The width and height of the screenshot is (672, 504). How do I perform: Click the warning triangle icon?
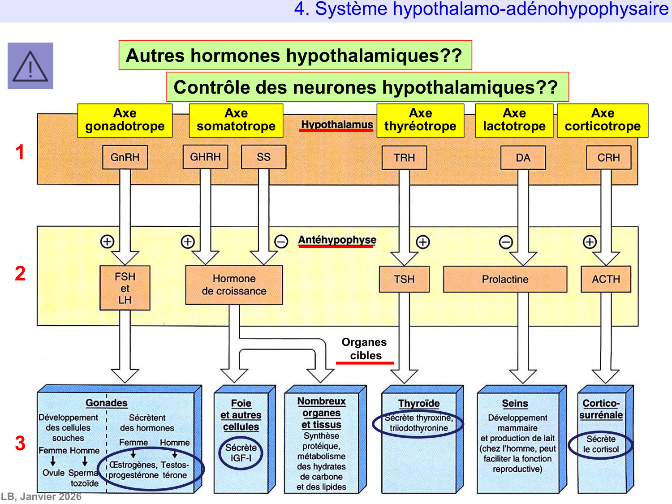click(x=30, y=66)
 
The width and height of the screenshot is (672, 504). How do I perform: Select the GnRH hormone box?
click(x=125, y=157)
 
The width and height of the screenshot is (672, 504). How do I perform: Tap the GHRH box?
click(x=205, y=157)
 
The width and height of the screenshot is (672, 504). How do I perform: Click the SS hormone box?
click(x=263, y=157)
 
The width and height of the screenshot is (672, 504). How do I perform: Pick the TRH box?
click(x=404, y=158)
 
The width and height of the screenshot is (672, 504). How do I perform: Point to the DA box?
click(x=523, y=158)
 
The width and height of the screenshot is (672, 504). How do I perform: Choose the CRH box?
click(x=608, y=158)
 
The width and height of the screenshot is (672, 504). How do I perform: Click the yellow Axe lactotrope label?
click(x=514, y=120)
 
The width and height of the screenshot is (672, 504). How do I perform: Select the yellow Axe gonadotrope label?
click(x=125, y=120)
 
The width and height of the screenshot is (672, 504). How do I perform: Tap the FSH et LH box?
click(x=125, y=288)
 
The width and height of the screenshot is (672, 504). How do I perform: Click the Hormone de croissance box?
click(x=234, y=285)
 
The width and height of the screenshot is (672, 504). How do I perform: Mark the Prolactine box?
click(x=505, y=279)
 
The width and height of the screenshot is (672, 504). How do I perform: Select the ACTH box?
click(x=606, y=279)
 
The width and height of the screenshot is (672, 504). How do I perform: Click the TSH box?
click(x=404, y=279)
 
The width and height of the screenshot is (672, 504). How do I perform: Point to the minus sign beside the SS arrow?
click(x=281, y=242)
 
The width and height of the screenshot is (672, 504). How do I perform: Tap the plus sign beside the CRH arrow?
click(x=590, y=242)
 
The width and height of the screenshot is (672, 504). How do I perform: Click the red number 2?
click(x=20, y=274)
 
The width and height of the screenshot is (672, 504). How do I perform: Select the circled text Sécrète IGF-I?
click(x=241, y=453)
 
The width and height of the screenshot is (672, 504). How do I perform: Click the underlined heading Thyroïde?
click(x=419, y=403)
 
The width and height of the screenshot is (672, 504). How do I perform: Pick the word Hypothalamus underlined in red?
click(x=337, y=125)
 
